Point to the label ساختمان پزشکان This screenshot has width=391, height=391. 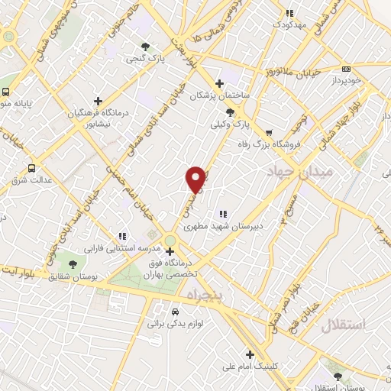[218, 95]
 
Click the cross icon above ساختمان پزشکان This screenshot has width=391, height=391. [220, 83]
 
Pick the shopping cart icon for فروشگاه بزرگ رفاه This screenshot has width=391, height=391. [268, 131]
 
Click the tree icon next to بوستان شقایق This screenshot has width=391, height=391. [73, 264]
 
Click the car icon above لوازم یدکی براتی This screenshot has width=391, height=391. [176, 312]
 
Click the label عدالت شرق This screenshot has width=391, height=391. [30, 182]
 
